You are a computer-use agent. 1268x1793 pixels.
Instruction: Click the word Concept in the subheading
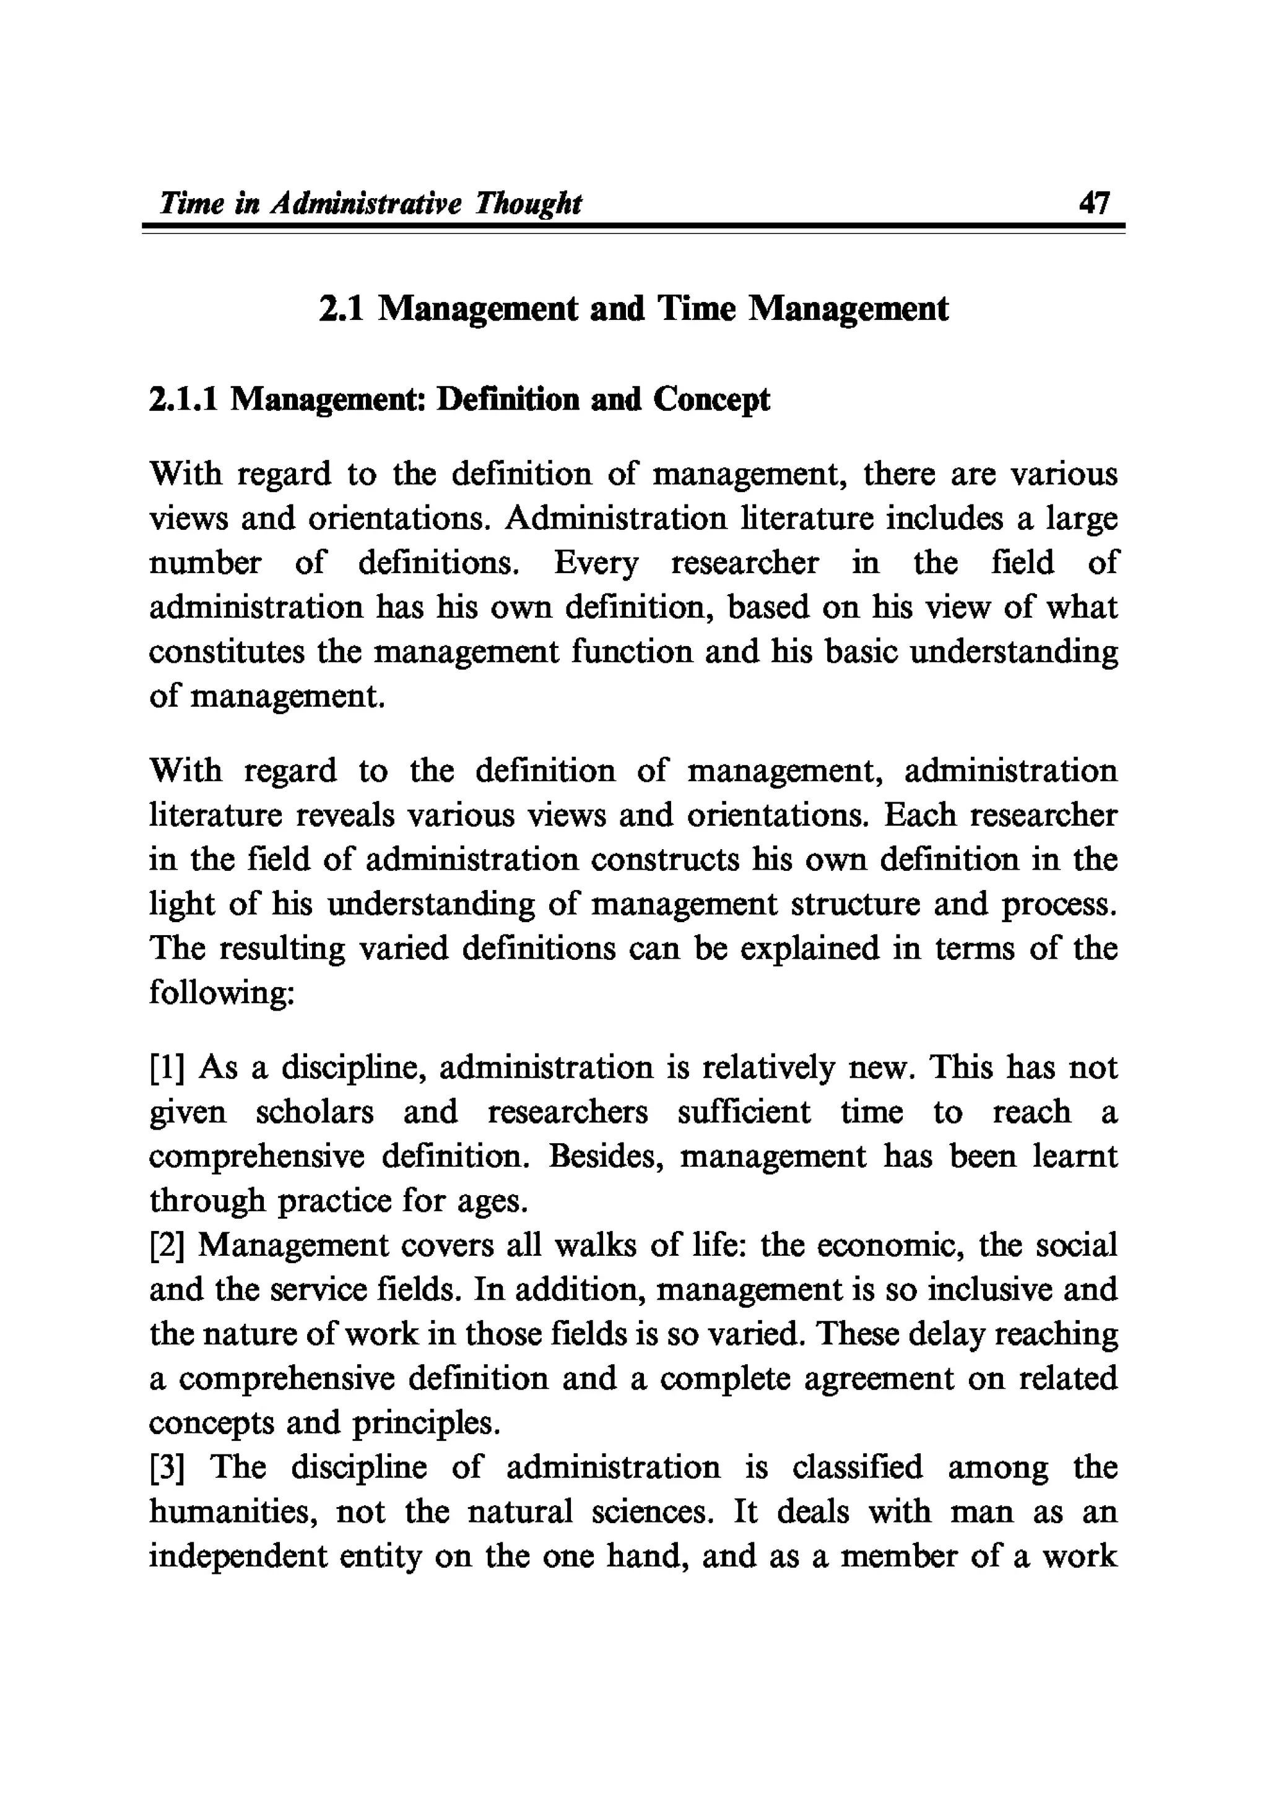click(x=711, y=400)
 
